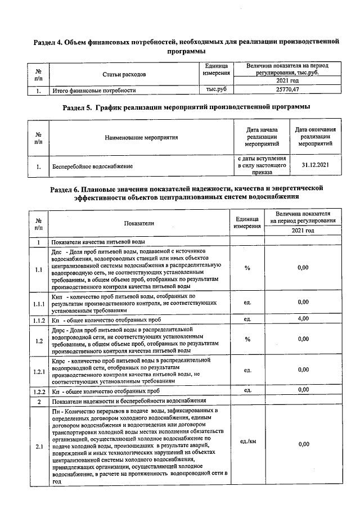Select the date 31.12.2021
[315, 165]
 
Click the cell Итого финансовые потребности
[94, 90]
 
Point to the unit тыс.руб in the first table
[217, 89]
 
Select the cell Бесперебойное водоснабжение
[92, 166]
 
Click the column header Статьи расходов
[124, 74]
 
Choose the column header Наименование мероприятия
[141, 137]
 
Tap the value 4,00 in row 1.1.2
[303, 319]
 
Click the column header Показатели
[139, 223]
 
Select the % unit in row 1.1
[247, 268]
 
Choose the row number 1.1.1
[38, 304]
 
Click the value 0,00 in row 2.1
[303, 444]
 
